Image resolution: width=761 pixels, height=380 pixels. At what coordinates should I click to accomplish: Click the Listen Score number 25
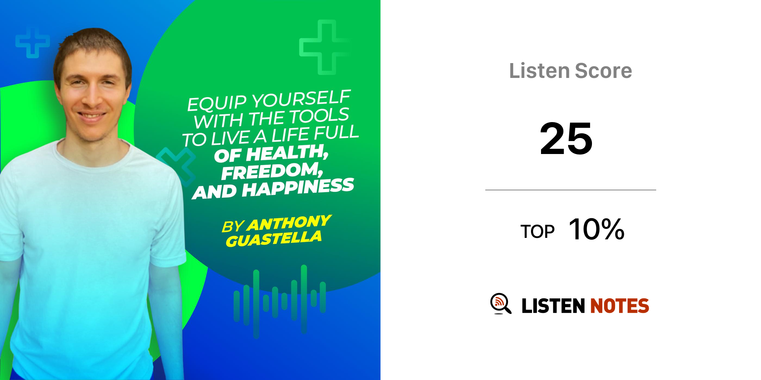(x=566, y=138)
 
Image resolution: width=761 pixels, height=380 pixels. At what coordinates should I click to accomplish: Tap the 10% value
(x=596, y=229)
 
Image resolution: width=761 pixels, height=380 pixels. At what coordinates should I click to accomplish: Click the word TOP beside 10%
(x=537, y=232)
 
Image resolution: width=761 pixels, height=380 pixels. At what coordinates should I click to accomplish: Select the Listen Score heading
(x=570, y=71)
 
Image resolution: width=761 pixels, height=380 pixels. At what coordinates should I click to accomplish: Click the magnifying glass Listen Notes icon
(x=501, y=304)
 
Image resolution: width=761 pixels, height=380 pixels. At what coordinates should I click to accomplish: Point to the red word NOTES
(x=619, y=306)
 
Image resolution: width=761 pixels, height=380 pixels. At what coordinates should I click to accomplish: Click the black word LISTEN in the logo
(x=553, y=306)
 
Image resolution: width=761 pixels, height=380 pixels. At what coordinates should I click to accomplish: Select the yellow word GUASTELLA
(x=274, y=239)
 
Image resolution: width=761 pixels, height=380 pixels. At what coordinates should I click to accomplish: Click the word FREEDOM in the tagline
(x=272, y=171)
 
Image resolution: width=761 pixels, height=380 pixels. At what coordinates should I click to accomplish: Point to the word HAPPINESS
(x=298, y=187)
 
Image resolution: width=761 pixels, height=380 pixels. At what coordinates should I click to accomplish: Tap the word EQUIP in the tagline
(x=217, y=103)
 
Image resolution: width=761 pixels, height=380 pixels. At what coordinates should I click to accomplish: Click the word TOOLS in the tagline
(x=319, y=116)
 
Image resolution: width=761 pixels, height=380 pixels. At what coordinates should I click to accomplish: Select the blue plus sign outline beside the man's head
(x=33, y=42)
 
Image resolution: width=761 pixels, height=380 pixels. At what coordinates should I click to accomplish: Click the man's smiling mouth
(x=91, y=116)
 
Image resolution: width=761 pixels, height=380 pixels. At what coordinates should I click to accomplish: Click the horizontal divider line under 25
(x=571, y=190)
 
